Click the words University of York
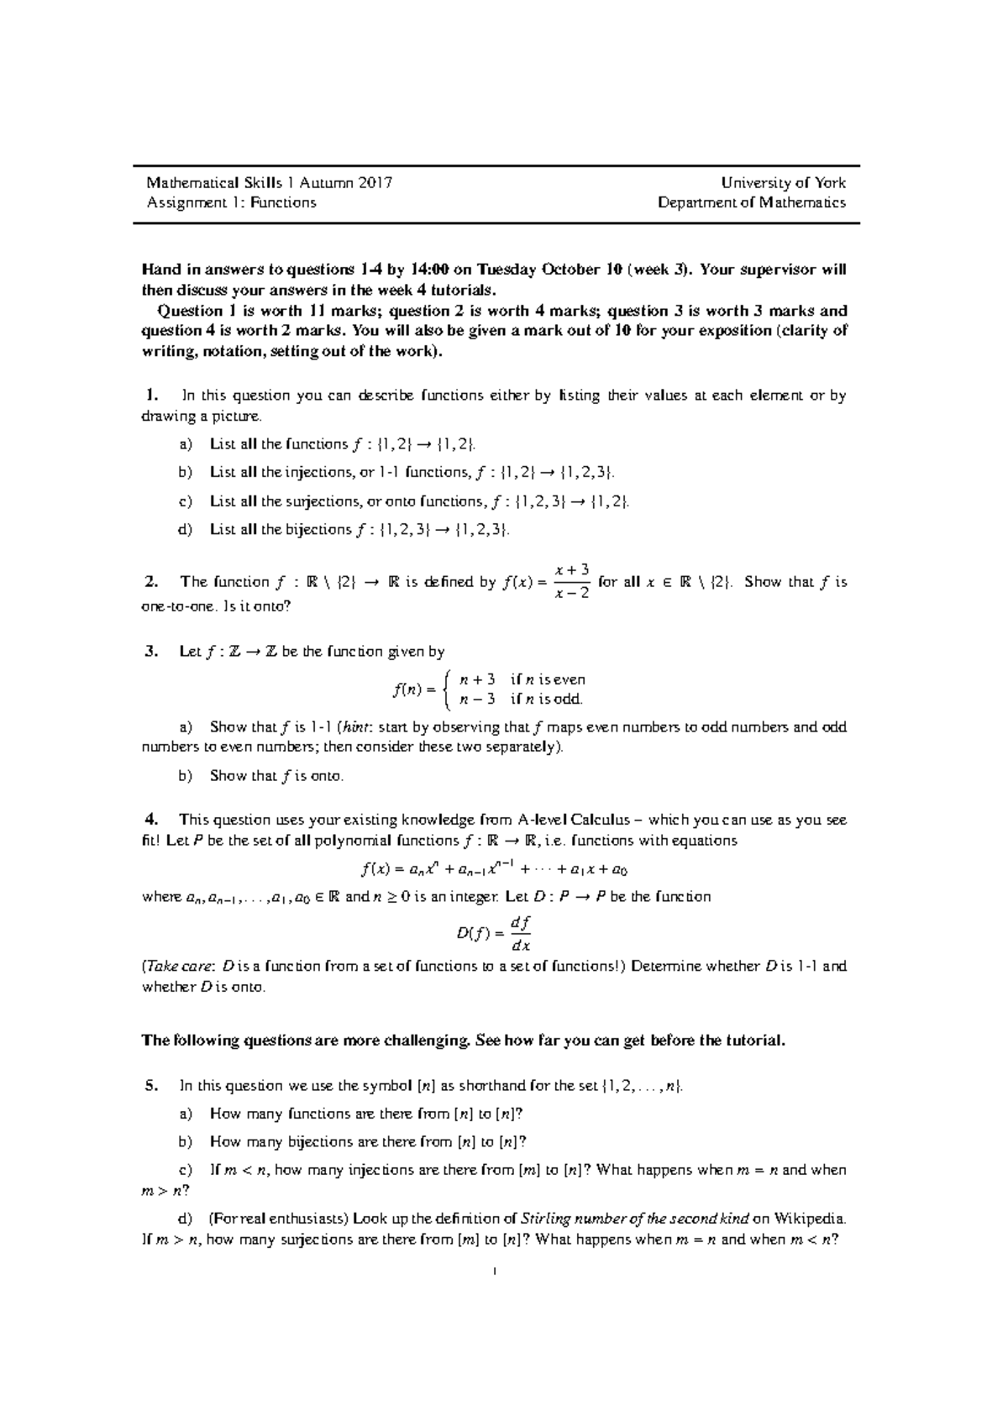pyautogui.click(x=786, y=182)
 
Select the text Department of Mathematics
pyautogui.click(x=752, y=202)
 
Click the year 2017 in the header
pyautogui.click(x=373, y=182)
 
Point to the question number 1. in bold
pyautogui.click(x=151, y=396)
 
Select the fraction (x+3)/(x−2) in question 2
pyautogui.click(x=573, y=581)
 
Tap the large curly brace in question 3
pyautogui.click(x=450, y=689)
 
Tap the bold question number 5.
pyautogui.click(x=151, y=1085)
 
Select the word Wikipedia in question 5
pyautogui.click(x=810, y=1219)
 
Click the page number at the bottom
pyautogui.click(x=496, y=1271)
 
